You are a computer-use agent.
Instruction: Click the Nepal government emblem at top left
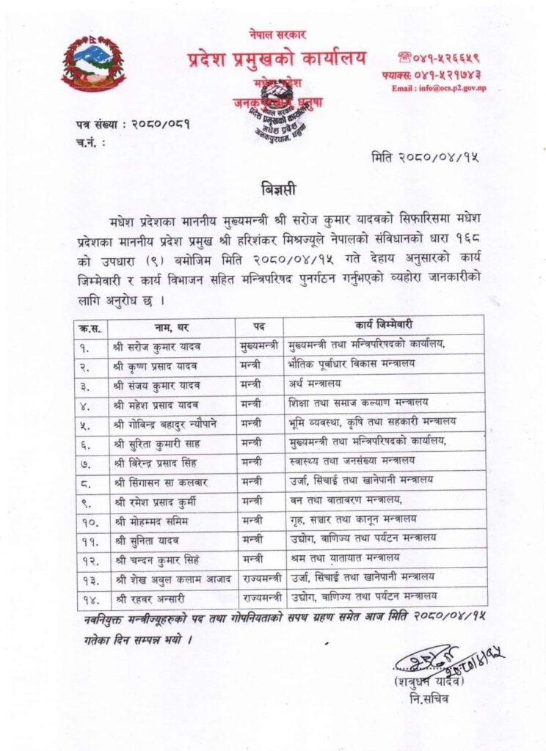[93, 63]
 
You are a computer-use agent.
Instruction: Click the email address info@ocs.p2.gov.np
[438, 89]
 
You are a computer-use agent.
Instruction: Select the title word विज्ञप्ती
[278, 189]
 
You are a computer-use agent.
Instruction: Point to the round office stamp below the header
[277, 111]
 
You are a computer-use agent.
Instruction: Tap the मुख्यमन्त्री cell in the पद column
[259, 344]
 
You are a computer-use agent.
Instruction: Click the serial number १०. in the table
[90, 519]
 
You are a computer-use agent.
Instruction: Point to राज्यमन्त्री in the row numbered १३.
[259, 577]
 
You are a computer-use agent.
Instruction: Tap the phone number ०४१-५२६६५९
[448, 56]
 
